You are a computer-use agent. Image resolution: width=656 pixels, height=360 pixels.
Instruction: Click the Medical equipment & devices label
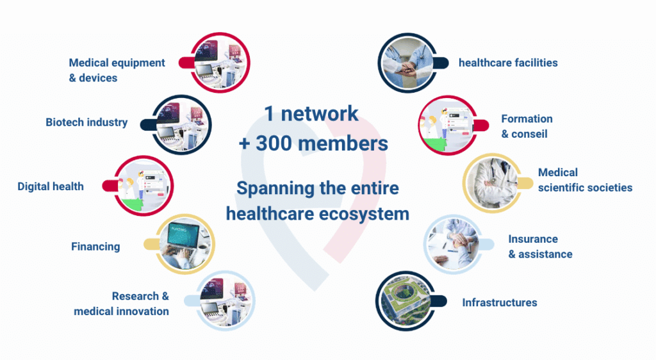tap(117, 70)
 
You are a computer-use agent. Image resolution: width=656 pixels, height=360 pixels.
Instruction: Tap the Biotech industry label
tap(86, 122)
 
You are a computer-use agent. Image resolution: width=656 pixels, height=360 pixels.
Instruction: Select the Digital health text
tap(51, 186)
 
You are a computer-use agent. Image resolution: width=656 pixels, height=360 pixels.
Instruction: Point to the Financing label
tap(95, 247)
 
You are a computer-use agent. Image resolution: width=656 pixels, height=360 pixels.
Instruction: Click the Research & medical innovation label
tap(121, 304)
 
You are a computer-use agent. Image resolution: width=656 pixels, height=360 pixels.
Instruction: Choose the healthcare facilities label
tap(508, 63)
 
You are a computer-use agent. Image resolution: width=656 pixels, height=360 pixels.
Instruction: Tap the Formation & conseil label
tap(527, 126)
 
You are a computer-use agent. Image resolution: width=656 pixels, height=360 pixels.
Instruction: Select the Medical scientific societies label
tap(585, 180)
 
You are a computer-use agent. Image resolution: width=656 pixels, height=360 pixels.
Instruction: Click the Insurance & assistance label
tap(540, 247)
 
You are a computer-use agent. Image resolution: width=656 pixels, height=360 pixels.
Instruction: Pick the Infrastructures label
tap(500, 303)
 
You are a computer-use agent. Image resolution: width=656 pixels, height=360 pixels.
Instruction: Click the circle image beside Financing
tap(185, 244)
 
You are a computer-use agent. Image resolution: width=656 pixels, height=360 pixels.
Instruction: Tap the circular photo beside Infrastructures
tap(406, 300)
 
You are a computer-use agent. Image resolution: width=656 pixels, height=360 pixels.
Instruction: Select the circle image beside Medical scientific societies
tap(493, 183)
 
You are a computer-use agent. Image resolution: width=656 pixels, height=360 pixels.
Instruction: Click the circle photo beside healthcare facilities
tap(408, 63)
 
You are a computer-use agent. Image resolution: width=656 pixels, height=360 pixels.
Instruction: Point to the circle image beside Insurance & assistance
tap(454, 245)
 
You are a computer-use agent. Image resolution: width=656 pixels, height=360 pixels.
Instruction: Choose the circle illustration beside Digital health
tap(143, 186)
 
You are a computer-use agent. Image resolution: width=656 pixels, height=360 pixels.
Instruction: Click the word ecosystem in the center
tap(364, 214)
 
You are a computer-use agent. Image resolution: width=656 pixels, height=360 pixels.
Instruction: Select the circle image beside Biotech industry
tap(181, 125)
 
